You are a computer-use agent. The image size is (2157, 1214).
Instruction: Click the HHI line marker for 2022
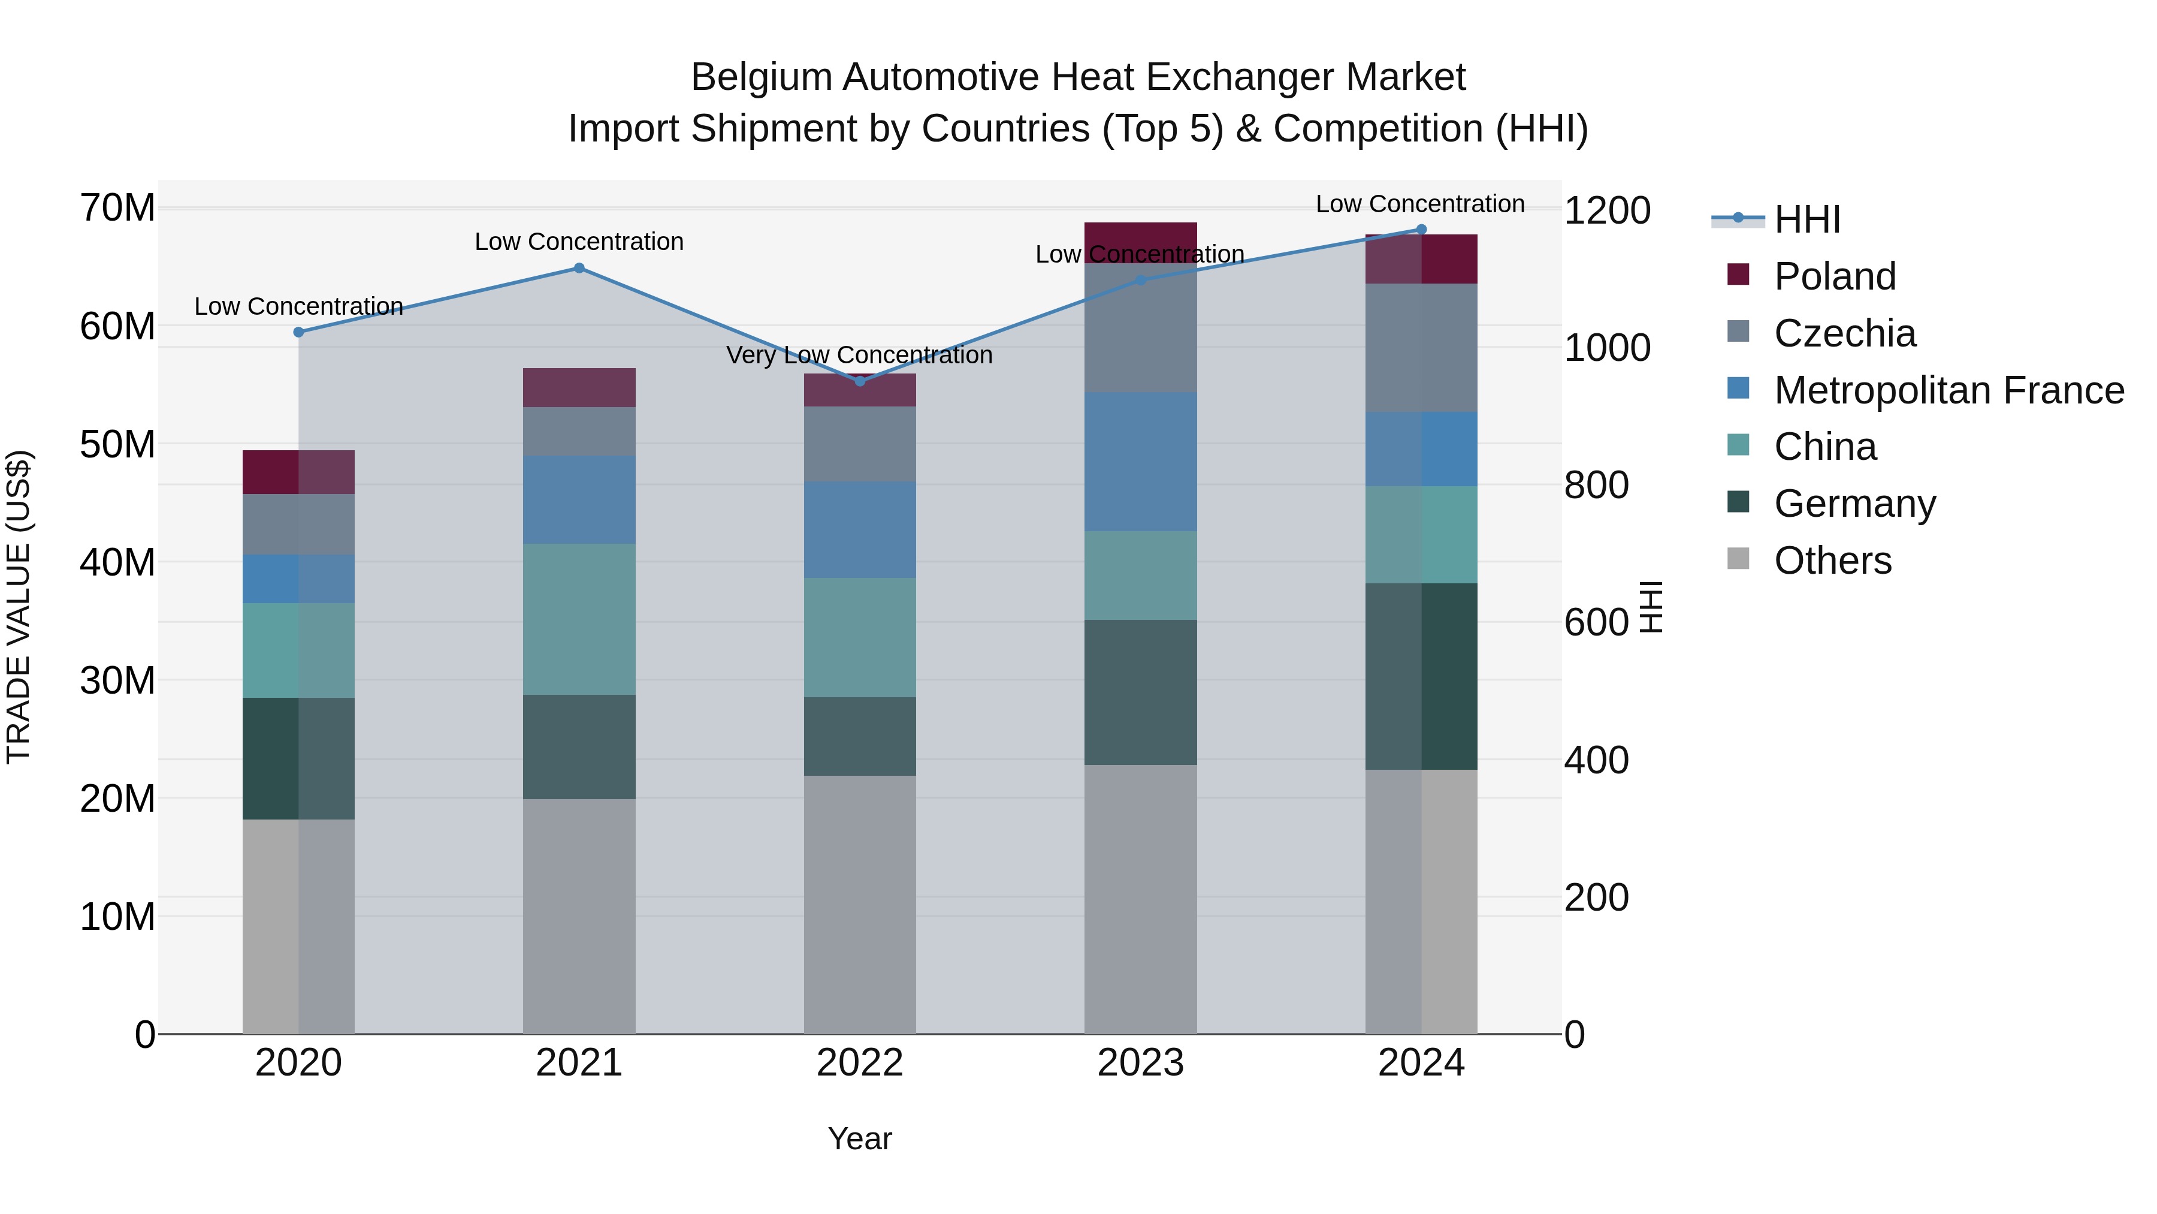860,381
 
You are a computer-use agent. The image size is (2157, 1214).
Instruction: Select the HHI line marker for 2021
579,268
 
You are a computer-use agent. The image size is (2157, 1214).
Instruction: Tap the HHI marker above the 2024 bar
1421,230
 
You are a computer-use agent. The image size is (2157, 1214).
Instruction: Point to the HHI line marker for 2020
299,332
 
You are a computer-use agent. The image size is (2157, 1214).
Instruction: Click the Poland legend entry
1834,276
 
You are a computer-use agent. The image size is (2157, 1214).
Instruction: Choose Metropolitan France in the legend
1948,390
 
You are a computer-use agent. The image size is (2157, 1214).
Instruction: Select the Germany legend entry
1854,504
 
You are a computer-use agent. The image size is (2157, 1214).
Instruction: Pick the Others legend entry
1832,561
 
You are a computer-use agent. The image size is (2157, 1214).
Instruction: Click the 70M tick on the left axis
117,208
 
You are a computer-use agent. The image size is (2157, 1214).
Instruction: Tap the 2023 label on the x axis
1140,1063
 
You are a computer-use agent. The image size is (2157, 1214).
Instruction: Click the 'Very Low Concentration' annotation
859,356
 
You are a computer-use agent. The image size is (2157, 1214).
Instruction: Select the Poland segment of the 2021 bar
579,388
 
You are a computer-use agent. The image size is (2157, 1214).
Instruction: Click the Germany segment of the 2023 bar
1140,692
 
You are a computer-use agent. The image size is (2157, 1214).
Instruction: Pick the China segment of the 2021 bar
579,619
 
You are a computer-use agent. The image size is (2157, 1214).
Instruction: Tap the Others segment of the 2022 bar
860,904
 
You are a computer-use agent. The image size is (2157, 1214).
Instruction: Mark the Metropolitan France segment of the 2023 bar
1140,462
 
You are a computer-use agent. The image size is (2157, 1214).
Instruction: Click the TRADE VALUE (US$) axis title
19,607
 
